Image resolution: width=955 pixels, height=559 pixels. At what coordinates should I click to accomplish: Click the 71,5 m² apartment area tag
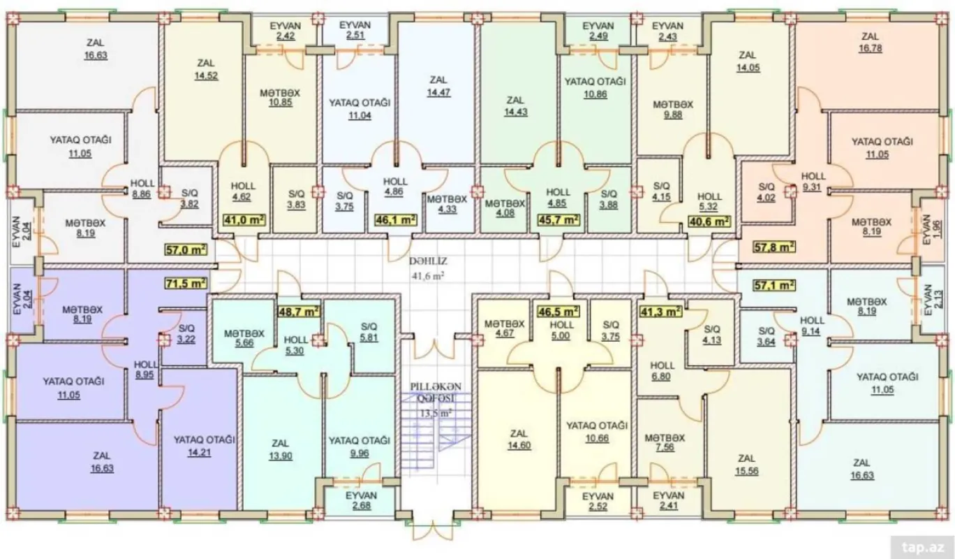(186, 284)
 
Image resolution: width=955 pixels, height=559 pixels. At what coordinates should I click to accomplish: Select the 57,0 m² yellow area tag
(186, 248)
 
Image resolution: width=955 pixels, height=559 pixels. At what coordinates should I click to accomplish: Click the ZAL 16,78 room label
(870, 43)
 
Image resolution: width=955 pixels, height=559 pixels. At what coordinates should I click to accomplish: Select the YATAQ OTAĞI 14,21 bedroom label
(205, 446)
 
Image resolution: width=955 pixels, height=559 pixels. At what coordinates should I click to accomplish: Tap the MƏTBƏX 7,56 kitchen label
(665, 444)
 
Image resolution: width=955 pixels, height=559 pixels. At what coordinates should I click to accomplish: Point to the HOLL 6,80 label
(662, 371)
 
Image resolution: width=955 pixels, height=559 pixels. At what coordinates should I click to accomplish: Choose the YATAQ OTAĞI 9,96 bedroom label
(359, 446)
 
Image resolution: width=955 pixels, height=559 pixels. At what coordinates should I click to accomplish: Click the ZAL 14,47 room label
(438, 85)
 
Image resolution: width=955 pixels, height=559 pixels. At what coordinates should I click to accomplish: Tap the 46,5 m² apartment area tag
(558, 311)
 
